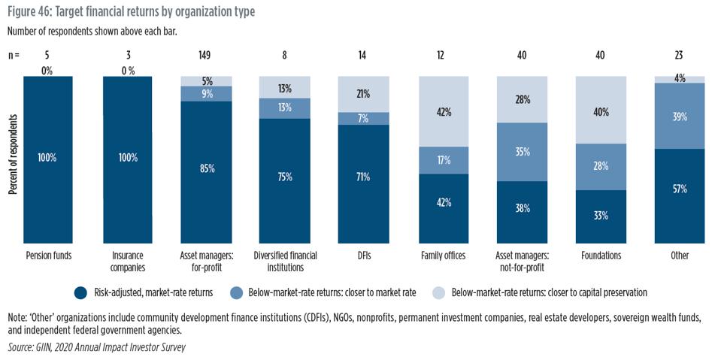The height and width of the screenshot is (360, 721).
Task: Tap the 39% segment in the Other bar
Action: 679,116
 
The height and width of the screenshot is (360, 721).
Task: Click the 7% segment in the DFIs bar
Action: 364,119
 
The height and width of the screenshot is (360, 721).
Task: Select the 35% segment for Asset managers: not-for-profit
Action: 522,152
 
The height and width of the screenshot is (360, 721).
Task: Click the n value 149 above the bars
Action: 204,55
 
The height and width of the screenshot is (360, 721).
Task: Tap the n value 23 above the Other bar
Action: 679,55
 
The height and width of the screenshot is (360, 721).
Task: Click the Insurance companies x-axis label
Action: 127,261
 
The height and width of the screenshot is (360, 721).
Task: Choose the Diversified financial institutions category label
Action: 284,261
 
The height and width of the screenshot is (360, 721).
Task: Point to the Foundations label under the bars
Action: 601,256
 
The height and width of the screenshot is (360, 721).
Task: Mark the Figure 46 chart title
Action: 132,11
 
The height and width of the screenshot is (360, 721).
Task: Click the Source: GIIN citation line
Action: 96,347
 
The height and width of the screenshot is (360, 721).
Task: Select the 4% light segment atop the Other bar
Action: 679,79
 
